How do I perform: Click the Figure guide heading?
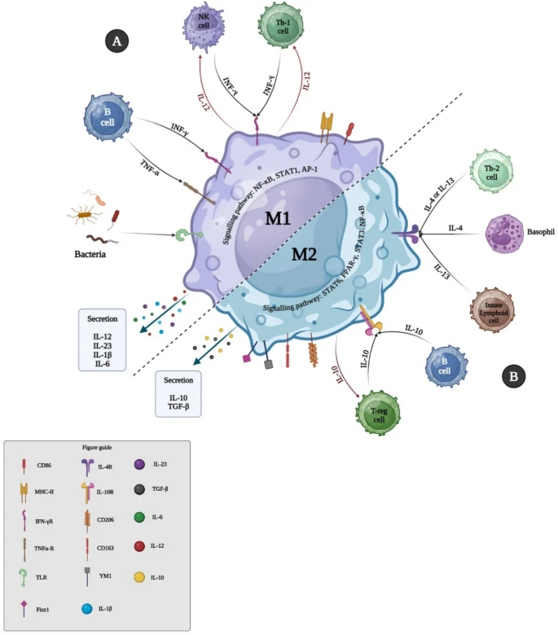pos(97,448)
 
